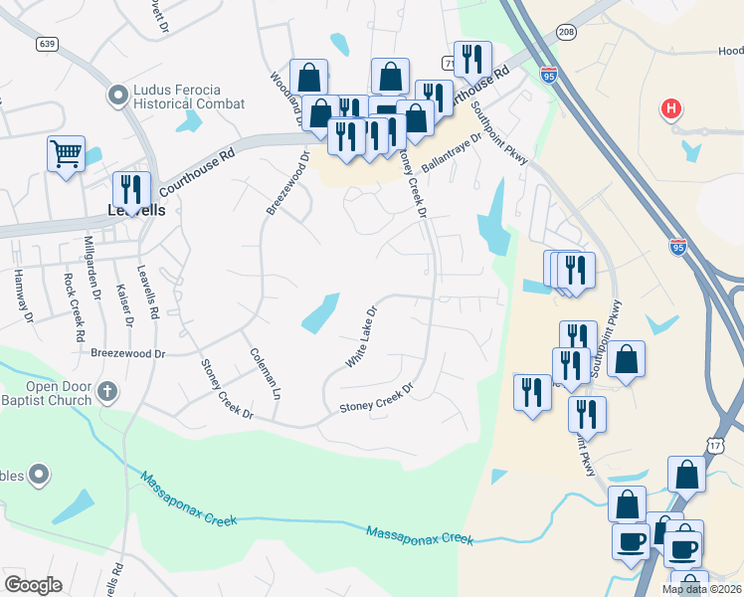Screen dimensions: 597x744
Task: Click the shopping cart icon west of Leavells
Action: (66, 154)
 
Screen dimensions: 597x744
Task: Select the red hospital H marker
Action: (672, 108)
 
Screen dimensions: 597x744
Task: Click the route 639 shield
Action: (47, 44)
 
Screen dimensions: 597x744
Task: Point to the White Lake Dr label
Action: (361, 336)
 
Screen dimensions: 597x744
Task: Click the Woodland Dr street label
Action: (289, 98)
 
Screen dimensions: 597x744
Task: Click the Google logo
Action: (33, 585)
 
